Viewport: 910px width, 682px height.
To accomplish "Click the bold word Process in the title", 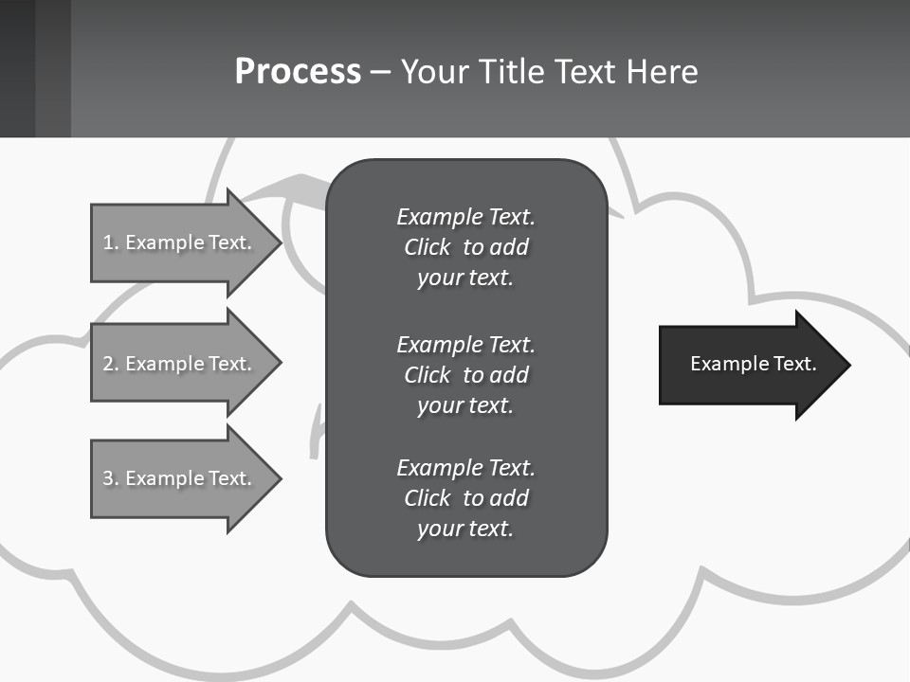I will (x=298, y=72).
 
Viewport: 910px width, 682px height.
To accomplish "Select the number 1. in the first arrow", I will (x=111, y=242).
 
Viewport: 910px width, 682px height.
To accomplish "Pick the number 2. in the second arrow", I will (x=111, y=364).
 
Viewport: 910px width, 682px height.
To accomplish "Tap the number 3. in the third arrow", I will (x=111, y=478).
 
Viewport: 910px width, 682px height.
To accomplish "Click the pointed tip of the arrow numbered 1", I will (x=280, y=242).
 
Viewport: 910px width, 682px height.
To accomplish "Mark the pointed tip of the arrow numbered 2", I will (x=280, y=363).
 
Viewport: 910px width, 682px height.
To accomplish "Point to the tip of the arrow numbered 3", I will (x=280, y=478).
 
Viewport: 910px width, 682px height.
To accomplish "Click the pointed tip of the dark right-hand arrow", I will (x=848, y=365).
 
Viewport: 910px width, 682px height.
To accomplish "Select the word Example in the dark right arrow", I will (x=726, y=364).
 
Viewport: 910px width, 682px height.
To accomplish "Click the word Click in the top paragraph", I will (x=427, y=247).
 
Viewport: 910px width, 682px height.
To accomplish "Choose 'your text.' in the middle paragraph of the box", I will (x=465, y=405).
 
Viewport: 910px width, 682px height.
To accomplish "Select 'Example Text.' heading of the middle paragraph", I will (x=465, y=344).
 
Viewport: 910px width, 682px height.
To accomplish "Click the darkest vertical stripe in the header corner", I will (x=17, y=68).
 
